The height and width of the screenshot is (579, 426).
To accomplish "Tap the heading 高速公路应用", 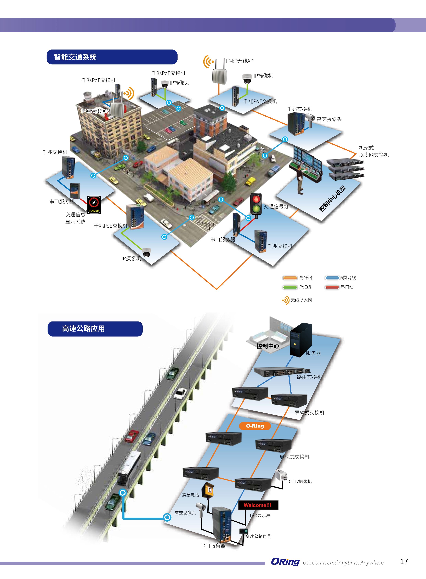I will [x=83, y=328].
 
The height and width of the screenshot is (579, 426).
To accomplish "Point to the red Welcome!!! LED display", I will [x=258, y=505].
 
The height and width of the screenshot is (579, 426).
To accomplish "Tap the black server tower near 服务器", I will [x=300, y=340].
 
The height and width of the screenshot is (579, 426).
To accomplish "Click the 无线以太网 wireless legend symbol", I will [x=286, y=300].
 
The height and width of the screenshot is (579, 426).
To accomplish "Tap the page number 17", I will [x=404, y=562].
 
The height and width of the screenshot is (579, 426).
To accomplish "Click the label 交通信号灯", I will [x=276, y=206].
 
